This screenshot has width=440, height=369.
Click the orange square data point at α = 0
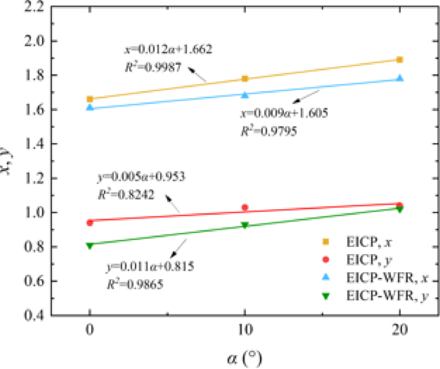(x=90, y=99)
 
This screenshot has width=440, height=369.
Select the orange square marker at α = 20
(x=400, y=60)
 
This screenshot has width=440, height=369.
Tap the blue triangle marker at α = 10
(x=245, y=94)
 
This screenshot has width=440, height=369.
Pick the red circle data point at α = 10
(x=245, y=207)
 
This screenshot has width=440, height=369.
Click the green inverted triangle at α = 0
(x=90, y=245)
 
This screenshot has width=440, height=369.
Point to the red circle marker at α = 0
(x=90, y=222)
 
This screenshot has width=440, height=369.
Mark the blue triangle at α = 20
(x=400, y=78)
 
